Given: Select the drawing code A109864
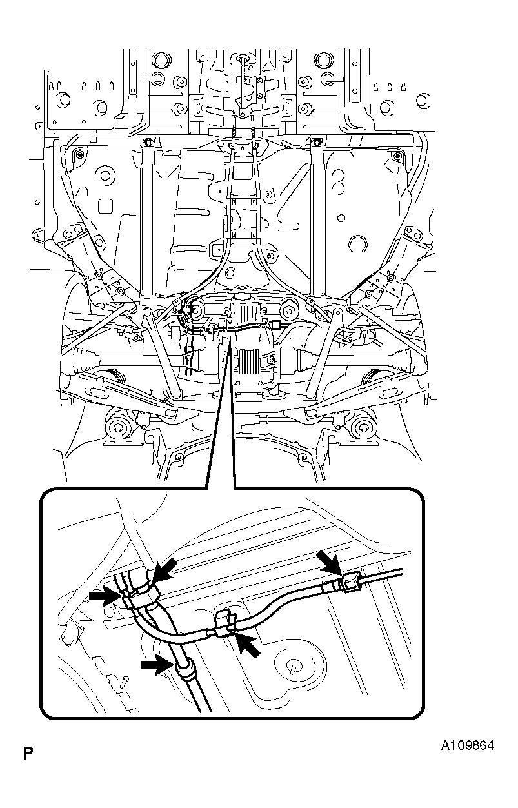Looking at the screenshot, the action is point(468,745).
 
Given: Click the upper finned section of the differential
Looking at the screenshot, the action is point(245,311).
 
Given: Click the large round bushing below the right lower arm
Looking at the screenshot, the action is point(364,427).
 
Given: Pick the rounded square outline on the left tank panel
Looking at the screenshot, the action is point(105,206).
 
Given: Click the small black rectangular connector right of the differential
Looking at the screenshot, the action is point(277,324).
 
